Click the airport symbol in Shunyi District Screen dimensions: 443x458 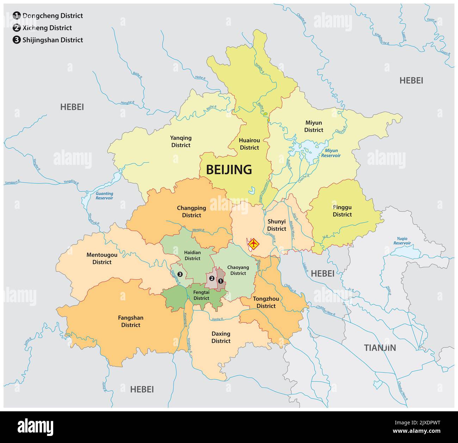click(253, 243)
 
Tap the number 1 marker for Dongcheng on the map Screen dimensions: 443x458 click(221, 281)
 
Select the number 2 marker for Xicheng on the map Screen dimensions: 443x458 click(212, 278)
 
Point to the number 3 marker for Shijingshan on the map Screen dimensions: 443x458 click(180, 274)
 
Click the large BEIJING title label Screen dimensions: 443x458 click(229, 170)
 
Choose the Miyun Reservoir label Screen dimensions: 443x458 click(330, 153)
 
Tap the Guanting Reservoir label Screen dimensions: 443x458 click(104, 196)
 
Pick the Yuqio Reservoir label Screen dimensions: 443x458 click(402, 241)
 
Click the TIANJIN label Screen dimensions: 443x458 click(380, 348)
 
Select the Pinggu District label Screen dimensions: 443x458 click(342, 211)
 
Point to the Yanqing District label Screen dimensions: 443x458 click(181, 142)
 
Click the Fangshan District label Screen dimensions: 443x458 click(131, 321)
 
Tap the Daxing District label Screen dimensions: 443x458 click(221, 337)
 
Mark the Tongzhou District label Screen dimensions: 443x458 click(266, 302)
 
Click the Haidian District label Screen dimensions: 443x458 click(192, 255)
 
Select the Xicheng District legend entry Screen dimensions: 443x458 click(47, 28)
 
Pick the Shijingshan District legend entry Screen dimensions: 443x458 click(52, 40)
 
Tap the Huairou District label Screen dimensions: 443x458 click(249, 144)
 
